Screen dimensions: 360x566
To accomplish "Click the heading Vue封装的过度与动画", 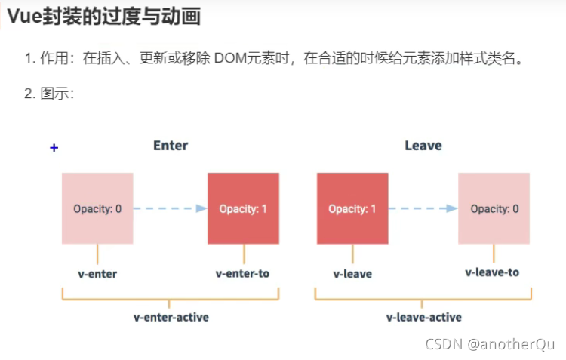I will coord(104,17).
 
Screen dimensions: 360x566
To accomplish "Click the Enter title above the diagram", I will coord(171,145).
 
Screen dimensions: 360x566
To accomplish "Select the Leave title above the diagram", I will coord(423,145).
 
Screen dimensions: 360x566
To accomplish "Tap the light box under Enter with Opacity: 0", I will coord(97,208).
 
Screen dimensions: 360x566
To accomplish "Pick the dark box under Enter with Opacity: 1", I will coord(243,208).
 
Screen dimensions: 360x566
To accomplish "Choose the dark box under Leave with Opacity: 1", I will coord(352,208).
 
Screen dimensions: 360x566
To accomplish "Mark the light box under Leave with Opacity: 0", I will coord(494,208).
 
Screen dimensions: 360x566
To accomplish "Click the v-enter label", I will coord(97,274).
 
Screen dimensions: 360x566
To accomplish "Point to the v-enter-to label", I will coord(242,273).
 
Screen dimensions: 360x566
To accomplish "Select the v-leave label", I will coord(352,274).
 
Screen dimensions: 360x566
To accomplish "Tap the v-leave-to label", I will coord(492,272).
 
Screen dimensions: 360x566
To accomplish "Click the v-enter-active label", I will coord(171,317).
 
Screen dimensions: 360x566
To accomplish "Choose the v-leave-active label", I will coord(423,317).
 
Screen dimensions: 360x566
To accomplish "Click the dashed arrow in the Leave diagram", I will coord(423,208).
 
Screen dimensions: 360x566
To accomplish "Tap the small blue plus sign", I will coord(54,148).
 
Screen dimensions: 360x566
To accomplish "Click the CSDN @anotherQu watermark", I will coord(490,344).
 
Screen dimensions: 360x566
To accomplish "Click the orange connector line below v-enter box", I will coord(97,254).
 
